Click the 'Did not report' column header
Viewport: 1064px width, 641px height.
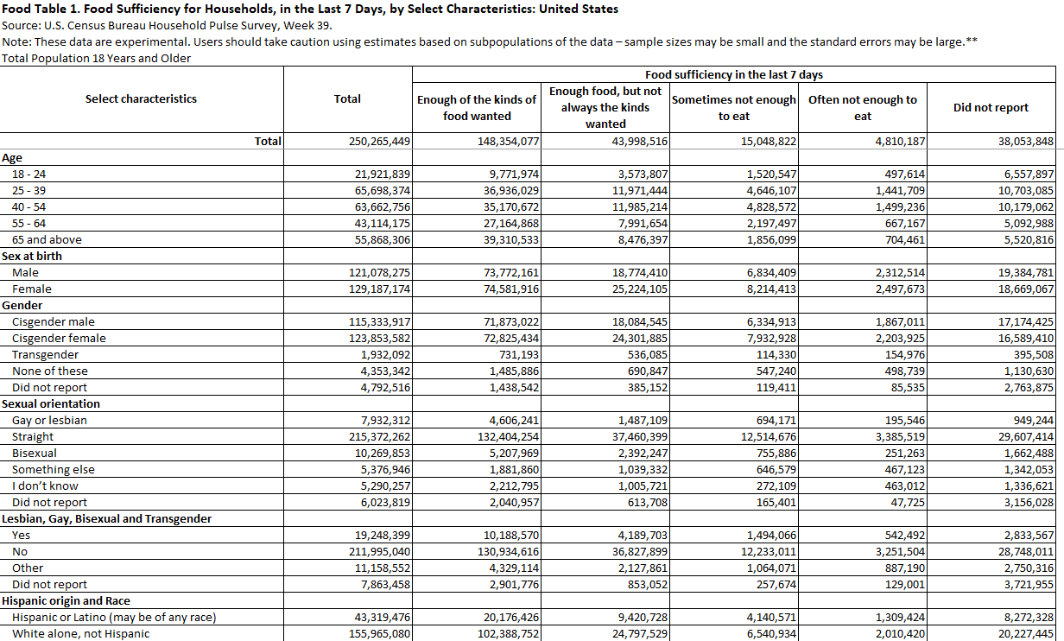(x=991, y=108)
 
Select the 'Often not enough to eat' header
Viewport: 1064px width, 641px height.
(x=862, y=108)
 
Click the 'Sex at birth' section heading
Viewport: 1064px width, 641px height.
(x=32, y=256)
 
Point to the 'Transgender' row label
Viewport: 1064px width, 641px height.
(x=45, y=354)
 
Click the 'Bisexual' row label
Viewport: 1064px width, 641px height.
(x=35, y=453)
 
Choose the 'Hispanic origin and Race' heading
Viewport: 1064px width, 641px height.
(x=66, y=600)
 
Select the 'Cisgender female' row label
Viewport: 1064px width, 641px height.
(x=59, y=338)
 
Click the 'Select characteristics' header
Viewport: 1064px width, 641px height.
(x=141, y=98)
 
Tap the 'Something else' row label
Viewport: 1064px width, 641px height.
(x=54, y=469)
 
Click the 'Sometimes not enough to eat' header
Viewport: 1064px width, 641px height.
(x=734, y=108)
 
